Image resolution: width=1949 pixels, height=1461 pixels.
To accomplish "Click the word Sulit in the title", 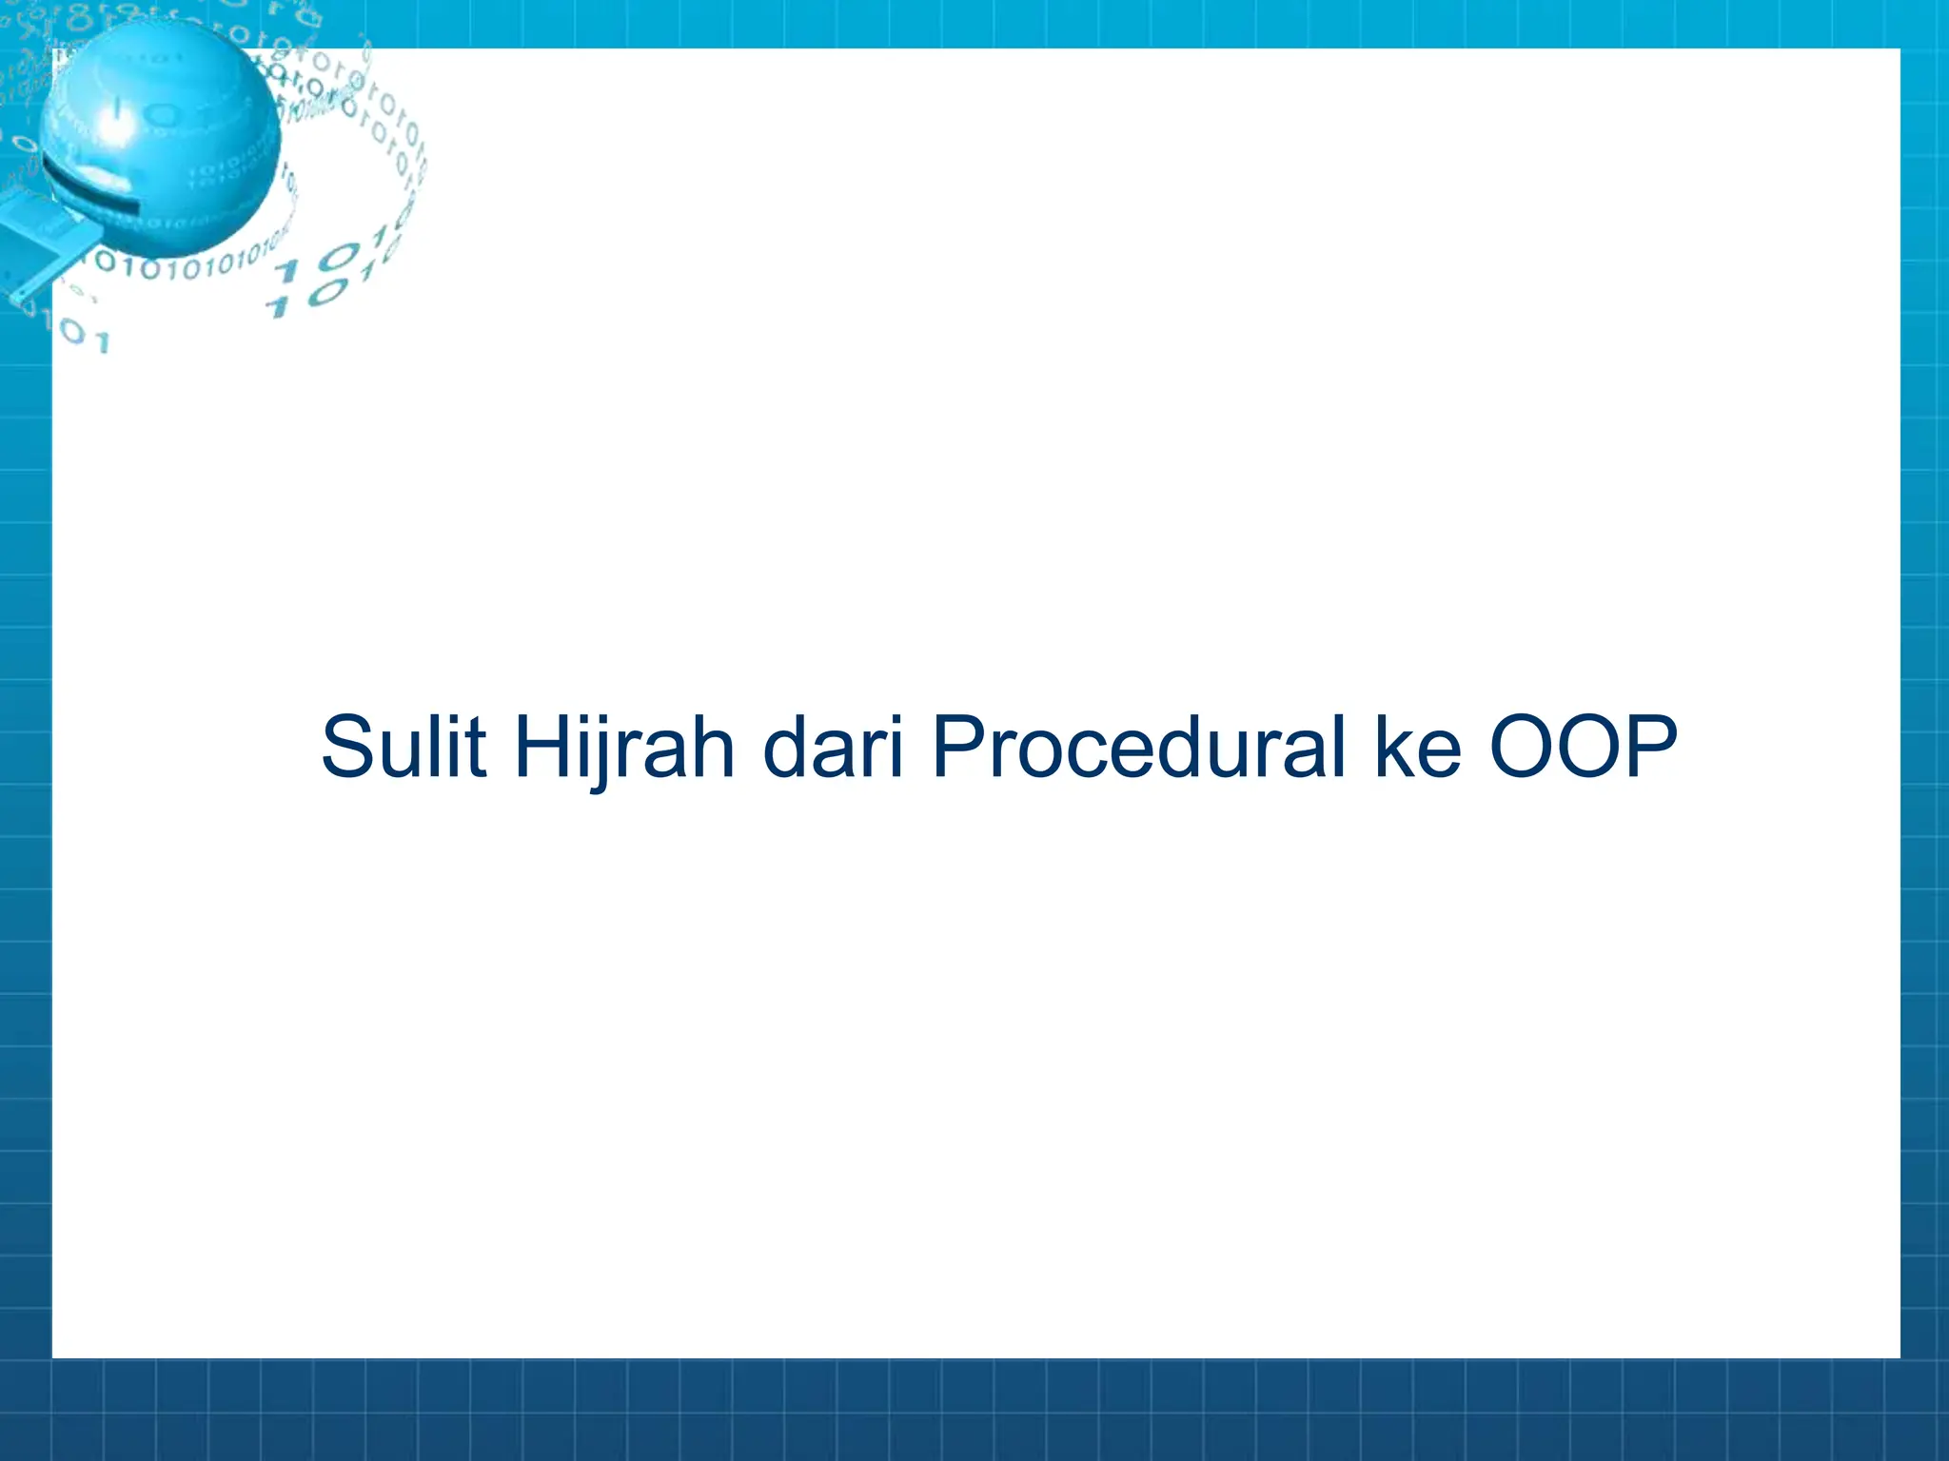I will tap(404, 747).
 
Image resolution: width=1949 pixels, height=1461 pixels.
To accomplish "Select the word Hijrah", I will tap(624, 747).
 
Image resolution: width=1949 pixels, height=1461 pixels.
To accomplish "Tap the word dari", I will tap(833, 747).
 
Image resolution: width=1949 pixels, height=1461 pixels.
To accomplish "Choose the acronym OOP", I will tap(1583, 747).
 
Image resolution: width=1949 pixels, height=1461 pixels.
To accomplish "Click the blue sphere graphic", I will tap(162, 138).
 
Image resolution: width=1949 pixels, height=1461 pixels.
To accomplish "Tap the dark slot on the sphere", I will tap(90, 187).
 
